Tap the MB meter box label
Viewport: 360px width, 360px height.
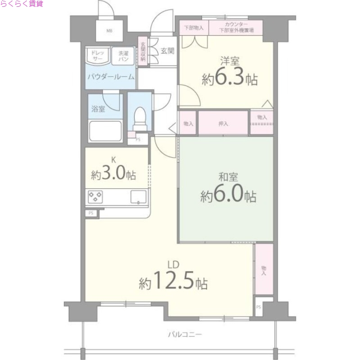(109, 31)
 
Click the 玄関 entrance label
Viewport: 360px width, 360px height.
(162, 50)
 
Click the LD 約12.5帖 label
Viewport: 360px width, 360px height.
(173, 277)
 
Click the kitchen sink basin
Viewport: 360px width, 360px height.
(139, 197)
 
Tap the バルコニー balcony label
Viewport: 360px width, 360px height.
(185, 334)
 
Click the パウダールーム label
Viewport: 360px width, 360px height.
(111, 76)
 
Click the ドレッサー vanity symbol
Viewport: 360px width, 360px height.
(98, 56)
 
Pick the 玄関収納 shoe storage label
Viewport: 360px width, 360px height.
(143, 51)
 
